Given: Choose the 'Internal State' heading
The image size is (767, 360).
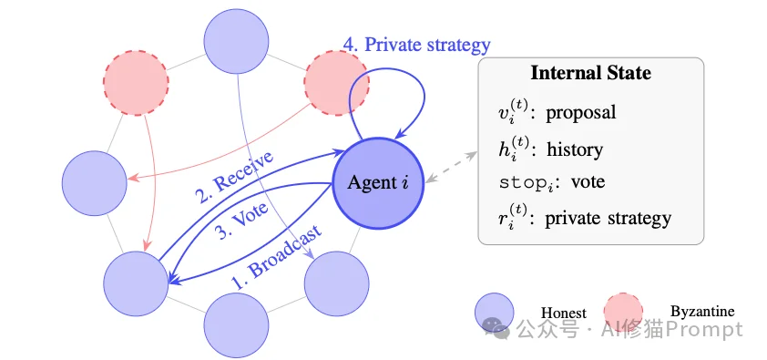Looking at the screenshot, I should coord(590,74).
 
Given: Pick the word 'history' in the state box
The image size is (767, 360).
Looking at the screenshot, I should coord(574,148).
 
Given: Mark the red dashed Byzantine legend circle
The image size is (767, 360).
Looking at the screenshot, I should coord(623,311).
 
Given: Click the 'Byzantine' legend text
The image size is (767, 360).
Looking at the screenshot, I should coord(701,311).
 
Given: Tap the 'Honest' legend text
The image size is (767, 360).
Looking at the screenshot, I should coord(563,311).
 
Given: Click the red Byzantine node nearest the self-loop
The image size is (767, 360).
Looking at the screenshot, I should coord(332,81).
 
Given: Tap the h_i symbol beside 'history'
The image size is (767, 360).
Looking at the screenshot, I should coord(504,148).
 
